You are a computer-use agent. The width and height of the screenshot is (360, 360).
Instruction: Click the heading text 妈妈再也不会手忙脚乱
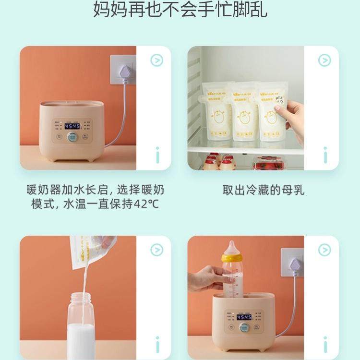tap(180, 10)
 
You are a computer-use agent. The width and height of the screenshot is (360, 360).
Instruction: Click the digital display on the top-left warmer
tap(72, 126)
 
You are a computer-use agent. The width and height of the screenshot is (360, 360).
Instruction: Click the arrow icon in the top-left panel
tap(156, 60)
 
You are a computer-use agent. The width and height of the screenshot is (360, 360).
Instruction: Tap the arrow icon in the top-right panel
tap(324, 60)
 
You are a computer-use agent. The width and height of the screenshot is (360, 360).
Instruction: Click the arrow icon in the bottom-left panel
tap(156, 250)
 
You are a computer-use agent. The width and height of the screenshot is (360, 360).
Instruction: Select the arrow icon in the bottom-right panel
tap(324, 250)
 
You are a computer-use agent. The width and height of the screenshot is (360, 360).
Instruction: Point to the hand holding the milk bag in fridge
tap(294, 120)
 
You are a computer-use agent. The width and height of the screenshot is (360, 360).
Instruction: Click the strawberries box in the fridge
tap(269, 163)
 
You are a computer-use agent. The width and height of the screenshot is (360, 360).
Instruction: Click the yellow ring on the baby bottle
tap(232, 258)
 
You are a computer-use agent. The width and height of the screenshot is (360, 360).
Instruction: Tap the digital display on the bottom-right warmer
tap(244, 317)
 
